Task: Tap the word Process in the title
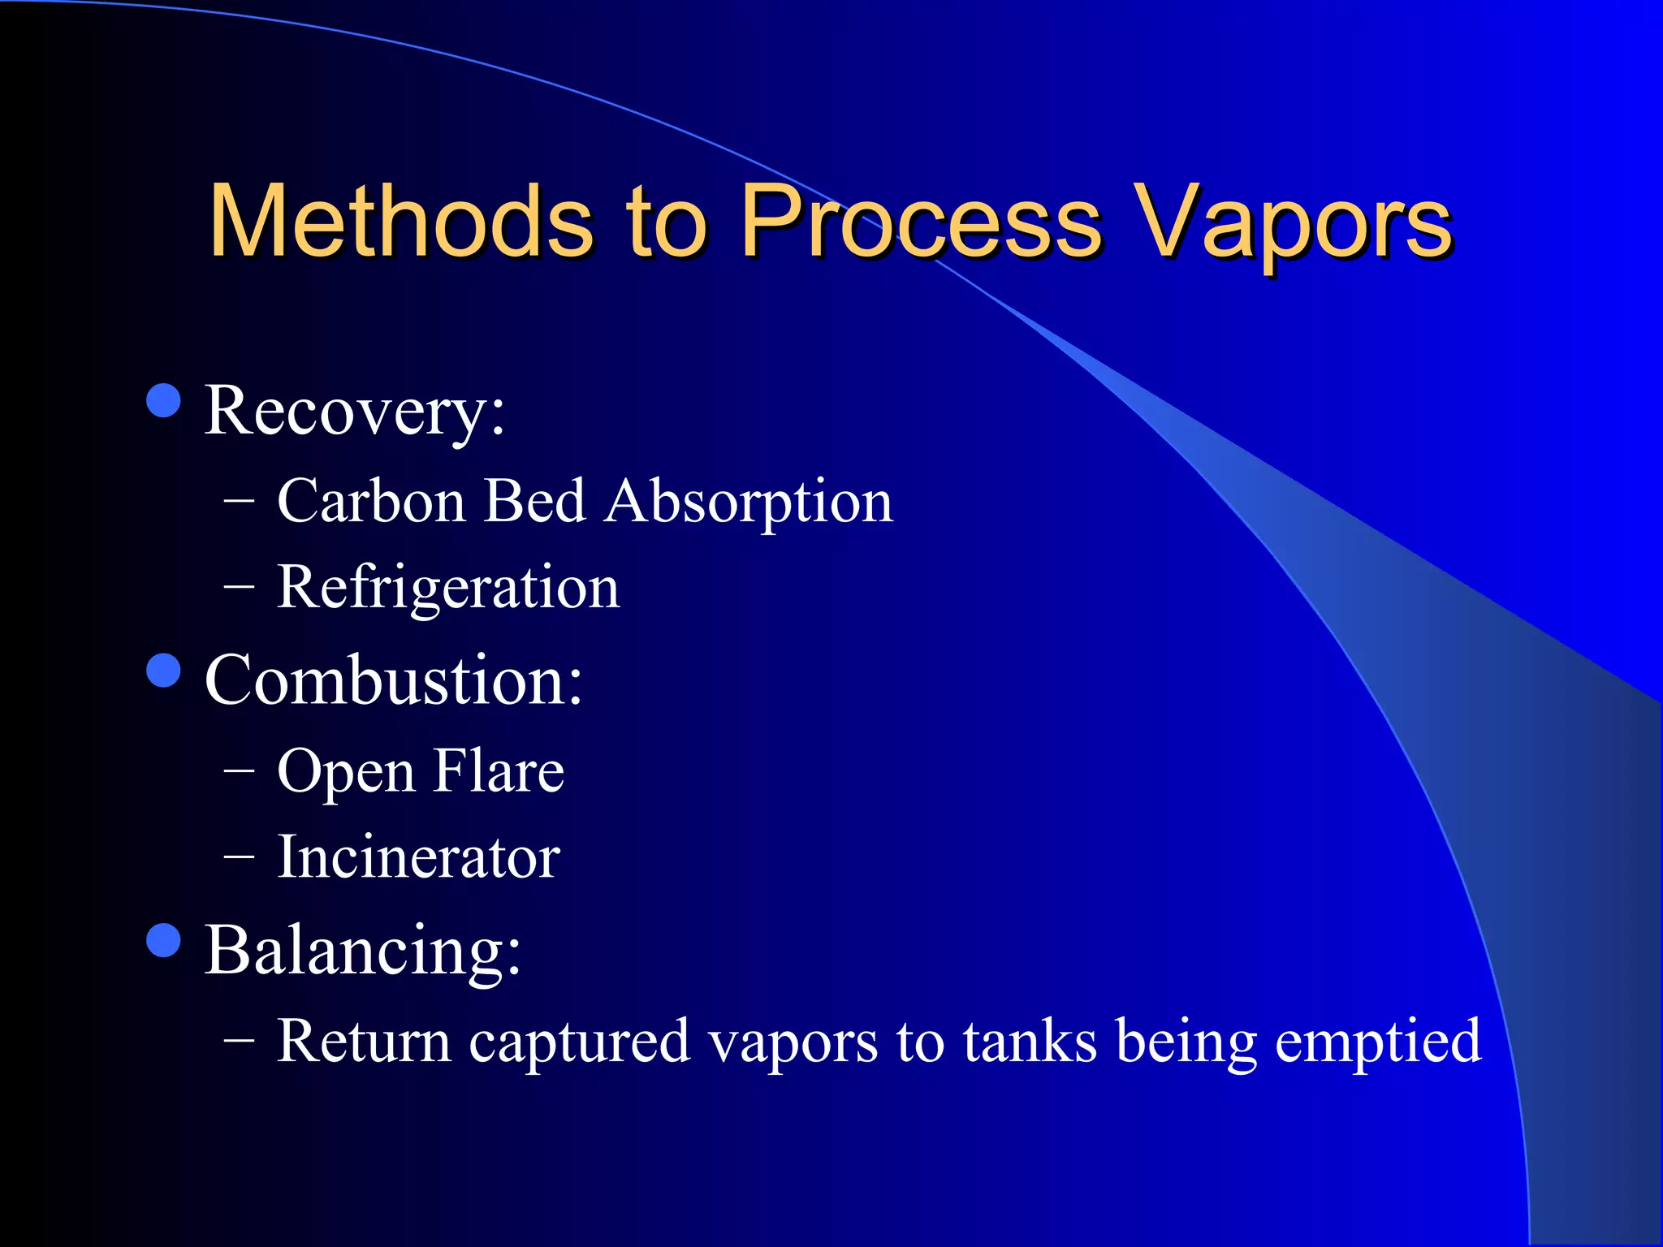(x=921, y=221)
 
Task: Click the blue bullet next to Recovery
(x=164, y=400)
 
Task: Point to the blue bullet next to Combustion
(x=164, y=671)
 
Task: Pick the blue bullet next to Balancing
(x=164, y=941)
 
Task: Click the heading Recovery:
(x=354, y=412)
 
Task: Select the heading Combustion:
(x=393, y=680)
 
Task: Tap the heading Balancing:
(x=362, y=951)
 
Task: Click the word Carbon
(x=371, y=501)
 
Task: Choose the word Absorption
(x=749, y=503)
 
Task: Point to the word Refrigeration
(x=448, y=588)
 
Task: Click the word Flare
(x=498, y=770)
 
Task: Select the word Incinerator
(x=418, y=857)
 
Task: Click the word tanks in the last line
(x=1029, y=1042)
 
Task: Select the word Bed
(x=534, y=501)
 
